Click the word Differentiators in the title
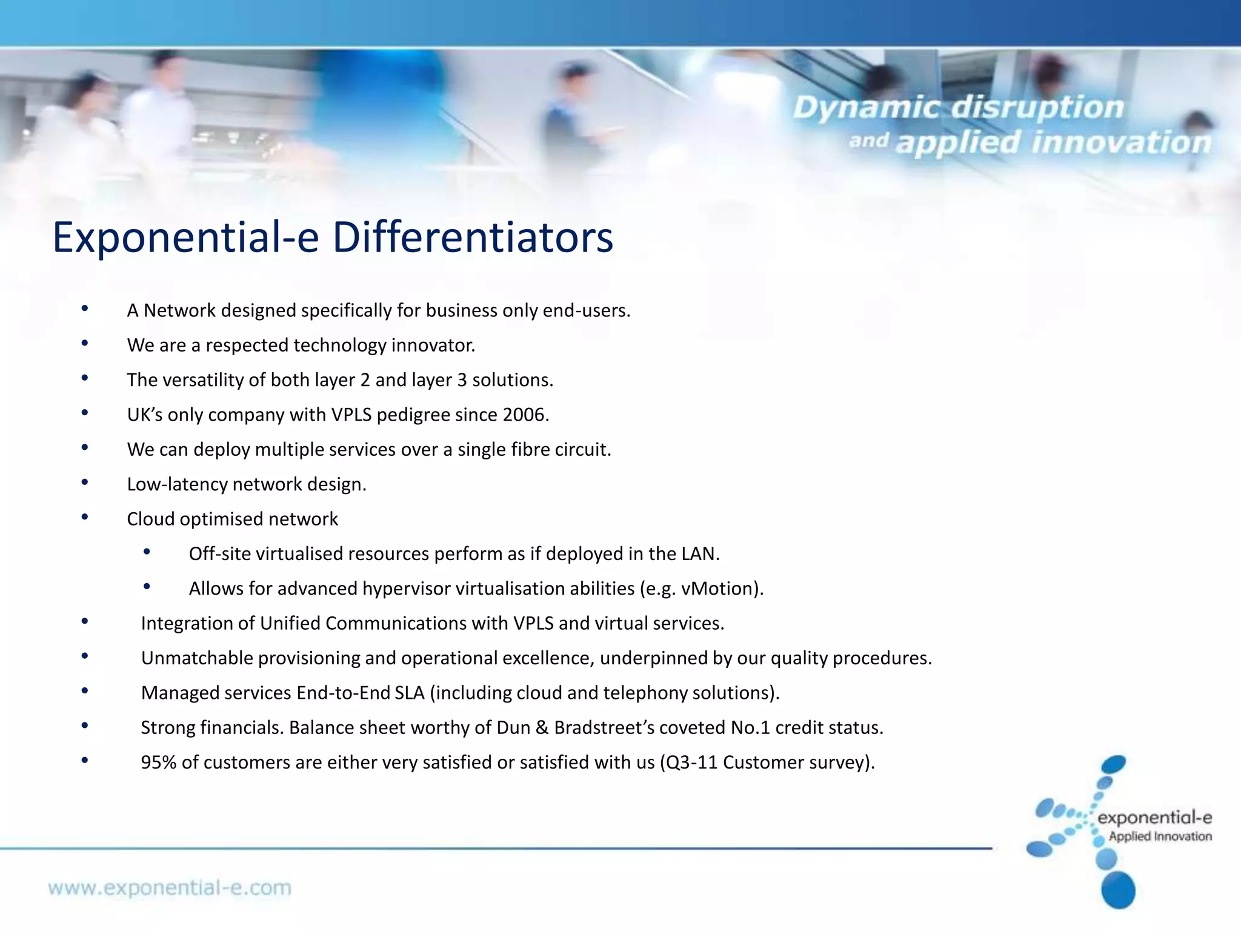coord(473,237)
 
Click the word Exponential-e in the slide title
coord(185,237)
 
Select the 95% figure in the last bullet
coord(158,762)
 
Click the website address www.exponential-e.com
coord(170,888)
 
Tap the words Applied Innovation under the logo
coord(1160,836)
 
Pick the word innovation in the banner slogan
coord(1120,143)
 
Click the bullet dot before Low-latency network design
coord(85,482)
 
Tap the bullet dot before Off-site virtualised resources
coord(147,552)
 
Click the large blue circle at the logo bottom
coord(1118,889)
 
